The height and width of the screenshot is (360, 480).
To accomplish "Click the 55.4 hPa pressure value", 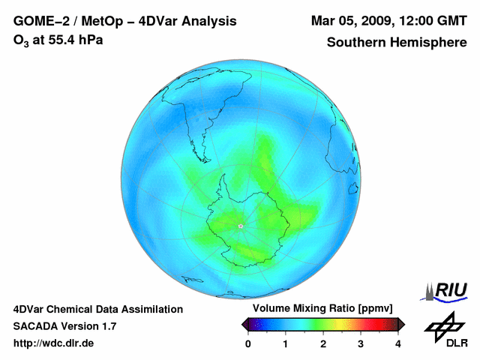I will pyautogui.click(x=70, y=40).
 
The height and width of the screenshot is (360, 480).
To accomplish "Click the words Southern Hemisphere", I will pyautogui.click(x=397, y=42).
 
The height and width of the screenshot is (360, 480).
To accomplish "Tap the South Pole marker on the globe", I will pyautogui.click(x=240, y=226).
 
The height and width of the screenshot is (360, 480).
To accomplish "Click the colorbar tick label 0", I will pyautogui.click(x=248, y=343).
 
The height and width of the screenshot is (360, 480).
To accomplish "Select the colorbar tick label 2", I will pyautogui.click(x=323, y=343).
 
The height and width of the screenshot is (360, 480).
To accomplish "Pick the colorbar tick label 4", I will pyautogui.click(x=398, y=343).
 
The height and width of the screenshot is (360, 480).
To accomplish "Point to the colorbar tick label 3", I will pyautogui.click(x=361, y=343).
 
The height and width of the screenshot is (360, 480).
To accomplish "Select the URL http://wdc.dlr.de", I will pyautogui.click(x=54, y=343).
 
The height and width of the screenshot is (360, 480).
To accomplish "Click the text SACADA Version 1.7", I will pyautogui.click(x=64, y=326).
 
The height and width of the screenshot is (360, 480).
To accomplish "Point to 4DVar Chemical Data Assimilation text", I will pyautogui.click(x=97, y=309).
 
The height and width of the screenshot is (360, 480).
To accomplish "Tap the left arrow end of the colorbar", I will pyautogui.click(x=244, y=324).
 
